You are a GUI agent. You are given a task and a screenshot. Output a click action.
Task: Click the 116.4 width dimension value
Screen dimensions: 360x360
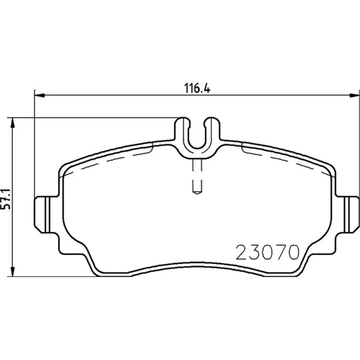tap(198, 88)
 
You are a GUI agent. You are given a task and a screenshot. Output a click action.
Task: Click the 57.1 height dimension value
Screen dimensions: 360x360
tap(5, 199)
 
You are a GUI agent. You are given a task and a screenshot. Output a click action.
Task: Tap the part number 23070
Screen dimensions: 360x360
tap(268, 252)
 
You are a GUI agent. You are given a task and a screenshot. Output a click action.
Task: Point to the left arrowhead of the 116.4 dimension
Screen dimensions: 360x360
tap(40, 95)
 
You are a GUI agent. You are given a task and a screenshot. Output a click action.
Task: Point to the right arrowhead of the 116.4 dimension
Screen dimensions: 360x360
tap(354, 95)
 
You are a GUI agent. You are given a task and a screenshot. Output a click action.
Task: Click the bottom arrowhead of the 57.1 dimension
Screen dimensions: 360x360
tap(13, 271)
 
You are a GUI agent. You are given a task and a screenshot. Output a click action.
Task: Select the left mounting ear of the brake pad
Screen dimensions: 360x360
tap(45, 215)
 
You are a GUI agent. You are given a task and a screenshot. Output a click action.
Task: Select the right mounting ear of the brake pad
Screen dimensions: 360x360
tap(347, 215)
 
